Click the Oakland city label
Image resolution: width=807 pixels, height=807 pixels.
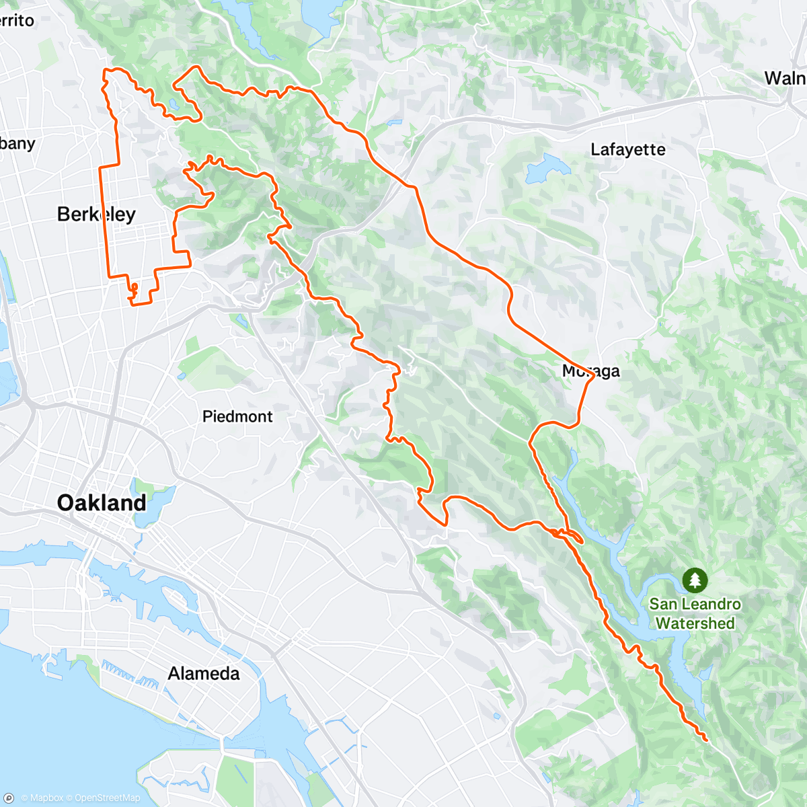coord(102,502)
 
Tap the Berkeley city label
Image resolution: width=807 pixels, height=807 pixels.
coord(96,214)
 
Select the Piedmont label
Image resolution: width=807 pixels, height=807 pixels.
coord(237,416)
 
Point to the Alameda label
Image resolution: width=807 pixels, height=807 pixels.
coord(203,673)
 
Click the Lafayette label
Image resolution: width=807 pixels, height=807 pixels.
coord(627,149)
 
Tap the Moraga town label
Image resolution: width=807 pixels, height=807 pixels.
coord(590,371)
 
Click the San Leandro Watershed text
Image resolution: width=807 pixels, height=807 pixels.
coord(695,613)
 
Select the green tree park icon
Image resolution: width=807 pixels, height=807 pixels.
coord(695,579)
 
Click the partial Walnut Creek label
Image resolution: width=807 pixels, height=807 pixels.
coord(785,78)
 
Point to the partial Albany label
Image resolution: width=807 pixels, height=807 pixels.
coord(17,143)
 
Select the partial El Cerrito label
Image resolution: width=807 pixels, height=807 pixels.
coord(16,20)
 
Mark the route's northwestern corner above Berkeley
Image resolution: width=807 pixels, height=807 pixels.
coord(106,71)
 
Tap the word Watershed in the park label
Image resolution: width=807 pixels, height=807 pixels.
coord(695,623)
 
